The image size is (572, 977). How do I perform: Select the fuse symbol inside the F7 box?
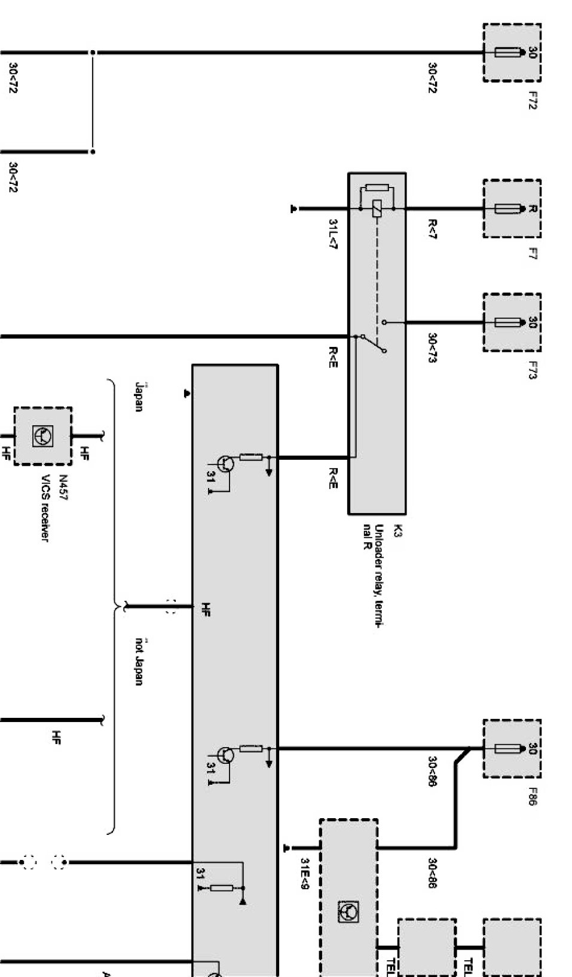tap(507, 209)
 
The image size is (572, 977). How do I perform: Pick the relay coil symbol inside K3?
tap(377, 208)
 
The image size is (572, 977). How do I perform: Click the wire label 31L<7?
tap(333, 234)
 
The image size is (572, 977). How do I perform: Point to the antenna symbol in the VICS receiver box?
tap(43, 436)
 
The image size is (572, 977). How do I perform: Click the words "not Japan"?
tap(139, 661)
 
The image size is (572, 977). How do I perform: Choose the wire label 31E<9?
tap(304, 873)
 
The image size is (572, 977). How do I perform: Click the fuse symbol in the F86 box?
tap(507, 748)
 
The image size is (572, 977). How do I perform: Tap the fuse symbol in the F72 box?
tap(507, 53)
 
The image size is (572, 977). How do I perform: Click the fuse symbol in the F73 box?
tap(507, 322)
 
